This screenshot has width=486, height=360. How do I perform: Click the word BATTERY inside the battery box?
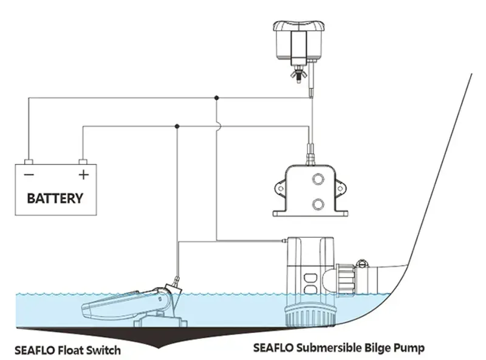(55, 198)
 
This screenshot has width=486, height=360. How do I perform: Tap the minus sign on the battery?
(28, 175)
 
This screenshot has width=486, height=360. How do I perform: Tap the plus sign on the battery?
(83, 175)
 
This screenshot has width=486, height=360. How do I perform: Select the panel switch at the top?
(297, 40)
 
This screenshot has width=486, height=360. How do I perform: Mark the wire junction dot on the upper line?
(217, 97)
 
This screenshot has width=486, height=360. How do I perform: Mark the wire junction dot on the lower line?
(177, 126)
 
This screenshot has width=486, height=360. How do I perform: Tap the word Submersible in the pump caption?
(322, 348)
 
